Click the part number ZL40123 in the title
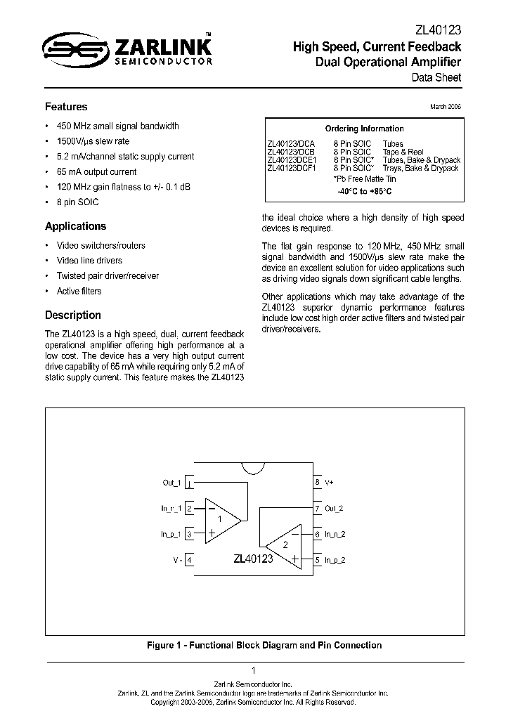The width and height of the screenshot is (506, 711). (437, 30)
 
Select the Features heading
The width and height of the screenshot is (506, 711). (66, 107)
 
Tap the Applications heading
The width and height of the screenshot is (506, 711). (76, 226)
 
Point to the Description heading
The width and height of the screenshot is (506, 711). (73, 315)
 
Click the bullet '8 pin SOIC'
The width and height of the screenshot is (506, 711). (78, 202)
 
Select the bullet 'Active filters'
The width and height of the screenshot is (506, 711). (79, 291)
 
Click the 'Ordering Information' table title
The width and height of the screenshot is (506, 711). (364, 129)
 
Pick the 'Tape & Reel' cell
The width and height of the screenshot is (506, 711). (403, 152)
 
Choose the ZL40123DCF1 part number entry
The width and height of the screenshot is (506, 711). (292, 169)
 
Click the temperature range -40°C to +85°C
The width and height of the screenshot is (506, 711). (363, 190)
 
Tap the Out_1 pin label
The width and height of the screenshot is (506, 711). (171, 483)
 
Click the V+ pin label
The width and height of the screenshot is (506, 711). (330, 483)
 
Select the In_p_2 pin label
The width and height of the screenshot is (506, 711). (335, 560)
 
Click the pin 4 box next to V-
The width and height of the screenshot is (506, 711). (189, 560)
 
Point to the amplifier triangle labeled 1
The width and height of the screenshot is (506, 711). (221, 520)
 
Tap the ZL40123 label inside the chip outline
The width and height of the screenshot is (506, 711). (253, 559)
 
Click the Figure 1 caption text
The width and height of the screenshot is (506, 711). (264, 645)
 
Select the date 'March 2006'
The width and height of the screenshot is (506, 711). (445, 106)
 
